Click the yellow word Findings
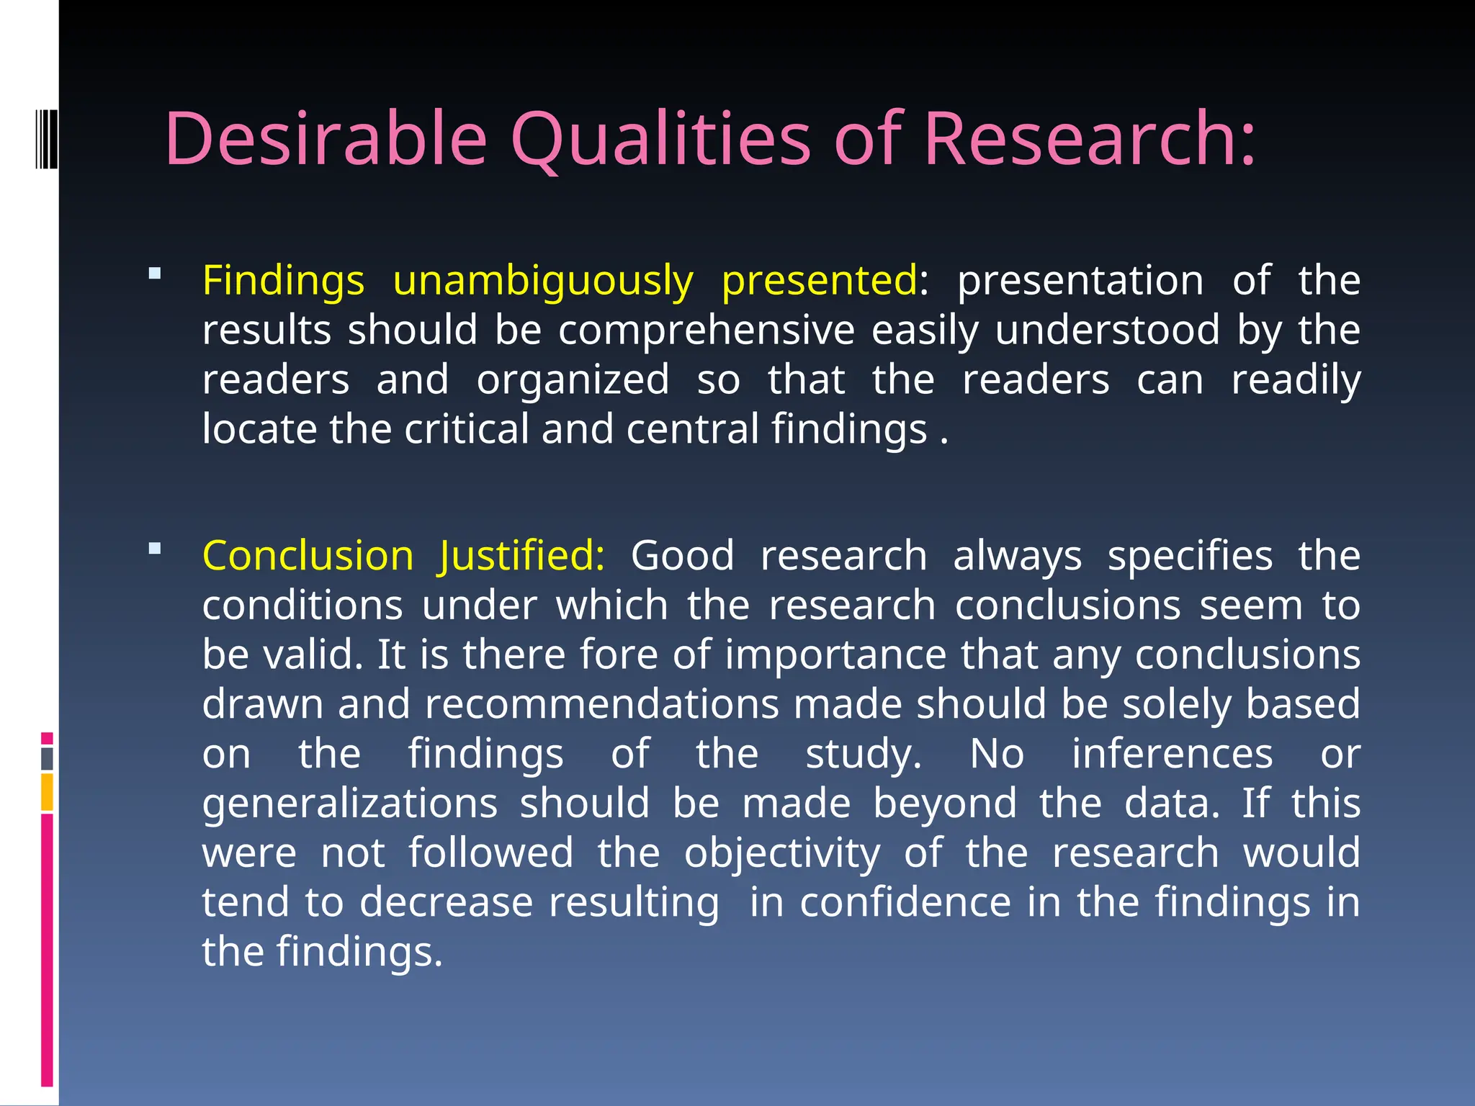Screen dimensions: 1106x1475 click(283, 281)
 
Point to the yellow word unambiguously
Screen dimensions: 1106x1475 click(543, 281)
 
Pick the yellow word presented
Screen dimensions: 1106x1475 click(820, 281)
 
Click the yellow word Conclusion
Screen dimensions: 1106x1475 click(308, 556)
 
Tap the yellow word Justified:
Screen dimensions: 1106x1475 click(522, 556)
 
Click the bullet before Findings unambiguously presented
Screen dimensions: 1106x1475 click(155, 274)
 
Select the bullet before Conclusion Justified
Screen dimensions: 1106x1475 click(155, 549)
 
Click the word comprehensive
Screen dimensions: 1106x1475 click(707, 331)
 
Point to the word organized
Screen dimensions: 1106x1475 click(573, 379)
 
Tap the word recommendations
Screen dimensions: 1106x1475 click(602, 703)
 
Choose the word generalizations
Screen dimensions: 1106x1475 click(350, 803)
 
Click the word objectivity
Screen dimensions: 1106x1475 click(782, 853)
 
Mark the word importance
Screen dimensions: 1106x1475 click(835, 655)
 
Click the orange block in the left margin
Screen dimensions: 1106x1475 click(47, 792)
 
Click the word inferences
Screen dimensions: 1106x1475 click(1172, 754)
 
